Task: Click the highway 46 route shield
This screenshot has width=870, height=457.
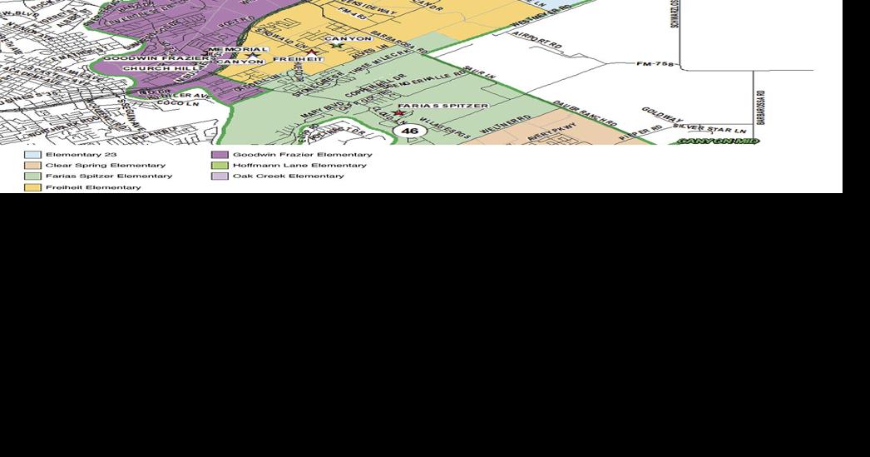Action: click(409, 131)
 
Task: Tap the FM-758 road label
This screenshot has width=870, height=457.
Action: click(655, 63)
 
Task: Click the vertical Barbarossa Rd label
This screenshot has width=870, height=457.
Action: click(760, 109)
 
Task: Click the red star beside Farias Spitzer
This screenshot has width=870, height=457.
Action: click(399, 113)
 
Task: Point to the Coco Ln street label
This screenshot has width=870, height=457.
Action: click(172, 103)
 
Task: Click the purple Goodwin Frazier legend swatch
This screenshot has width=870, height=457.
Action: click(220, 155)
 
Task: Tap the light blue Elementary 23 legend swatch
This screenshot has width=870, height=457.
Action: click(32, 155)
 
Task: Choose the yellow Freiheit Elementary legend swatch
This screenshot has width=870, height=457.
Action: click(32, 187)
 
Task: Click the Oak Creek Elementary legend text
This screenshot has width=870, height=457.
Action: click(288, 176)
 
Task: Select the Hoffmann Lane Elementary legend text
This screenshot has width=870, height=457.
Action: click(299, 166)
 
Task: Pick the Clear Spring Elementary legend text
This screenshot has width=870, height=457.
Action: click(106, 166)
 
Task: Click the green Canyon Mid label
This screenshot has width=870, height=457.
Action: click(718, 142)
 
